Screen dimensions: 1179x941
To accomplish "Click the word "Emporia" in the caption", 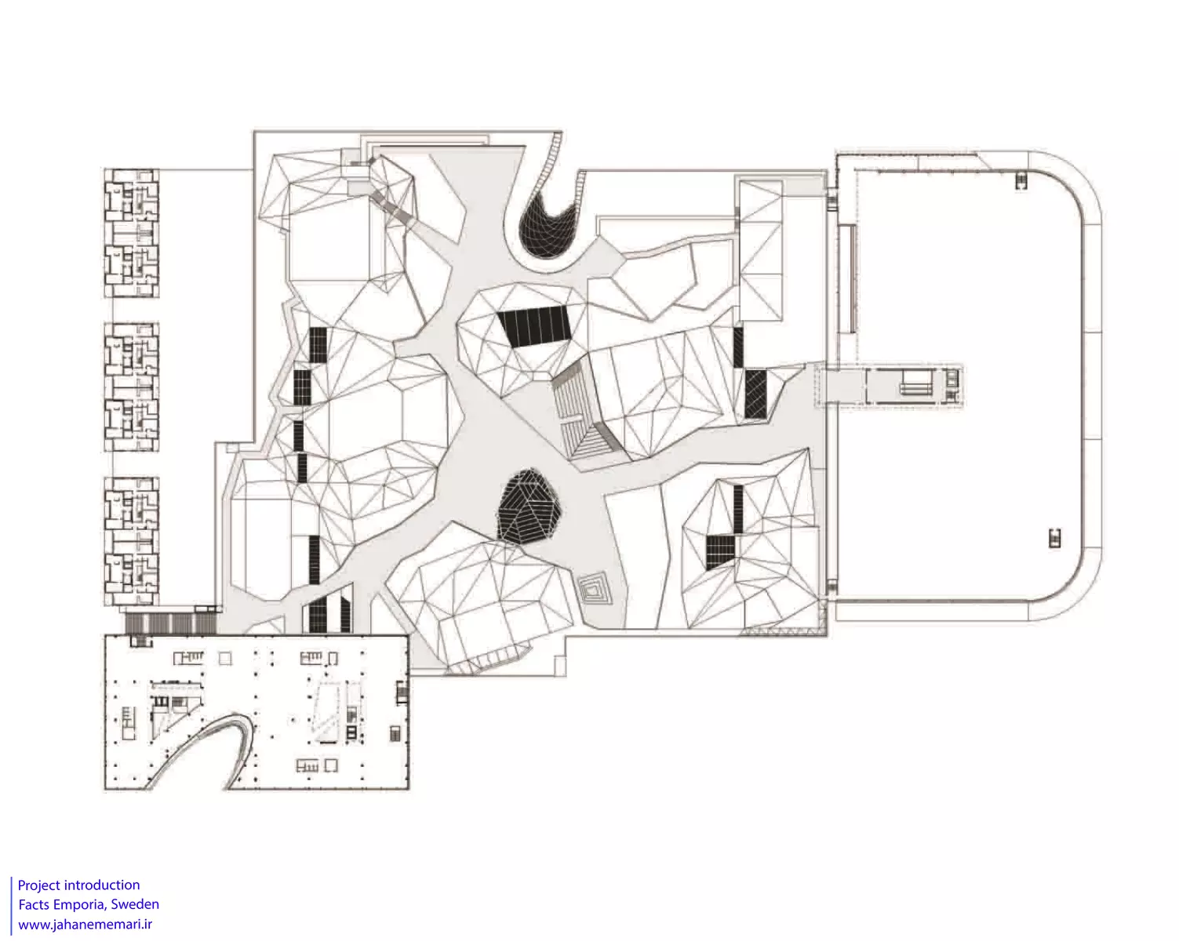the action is tap(80, 904).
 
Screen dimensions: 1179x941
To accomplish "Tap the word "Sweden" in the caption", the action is tap(136, 904).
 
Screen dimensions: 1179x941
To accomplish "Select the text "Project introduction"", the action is tap(79, 885).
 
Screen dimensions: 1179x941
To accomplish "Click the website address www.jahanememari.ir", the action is tap(85, 924).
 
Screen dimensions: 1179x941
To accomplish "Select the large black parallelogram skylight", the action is tap(533, 326).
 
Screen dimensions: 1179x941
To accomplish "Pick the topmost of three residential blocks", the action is tap(132, 233).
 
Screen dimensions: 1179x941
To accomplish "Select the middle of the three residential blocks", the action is tap(132, 387).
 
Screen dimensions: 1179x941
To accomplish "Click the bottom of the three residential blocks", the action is tap(132, 541).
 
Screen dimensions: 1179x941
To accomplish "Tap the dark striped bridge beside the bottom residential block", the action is tap(171, 623).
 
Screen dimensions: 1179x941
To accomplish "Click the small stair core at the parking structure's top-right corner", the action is tap(1021, 181).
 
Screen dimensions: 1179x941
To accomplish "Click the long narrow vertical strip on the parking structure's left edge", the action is tap(847, 278).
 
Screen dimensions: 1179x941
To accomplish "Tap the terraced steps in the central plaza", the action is tap(582, 411).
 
